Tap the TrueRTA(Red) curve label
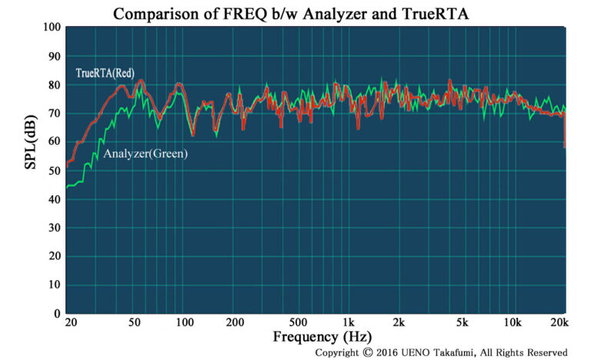105,73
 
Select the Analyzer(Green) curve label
146,154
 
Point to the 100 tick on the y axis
52,28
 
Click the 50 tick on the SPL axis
54,171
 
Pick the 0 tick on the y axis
57,314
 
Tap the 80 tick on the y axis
54,85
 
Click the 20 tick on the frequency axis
71,323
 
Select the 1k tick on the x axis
349,323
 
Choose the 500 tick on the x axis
299,323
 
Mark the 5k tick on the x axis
462,323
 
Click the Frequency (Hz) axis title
322,336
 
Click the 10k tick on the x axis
511,323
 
